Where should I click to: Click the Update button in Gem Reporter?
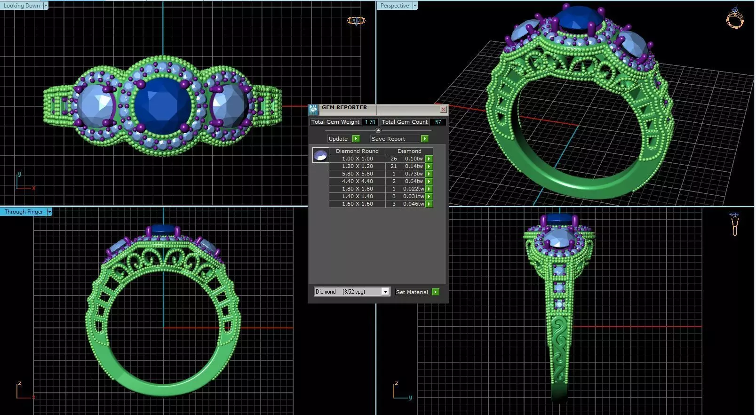point(338,139)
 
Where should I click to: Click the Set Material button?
point(412,292)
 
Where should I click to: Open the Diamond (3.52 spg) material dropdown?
point(385,292)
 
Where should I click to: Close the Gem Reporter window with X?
point(443,109)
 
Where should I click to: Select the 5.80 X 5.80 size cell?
point(357,174)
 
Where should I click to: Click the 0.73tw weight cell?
point(414,174)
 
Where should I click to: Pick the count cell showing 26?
point(393,159)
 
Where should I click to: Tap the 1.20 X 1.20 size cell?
point(357,166)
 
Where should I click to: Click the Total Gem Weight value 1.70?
point(370,122)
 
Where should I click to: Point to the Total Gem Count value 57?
point(438,122)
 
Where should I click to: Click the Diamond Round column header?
point(357,151)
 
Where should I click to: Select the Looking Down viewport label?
point(22,6)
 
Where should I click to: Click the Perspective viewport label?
point(394,6)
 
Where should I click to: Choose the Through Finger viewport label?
point(24,212)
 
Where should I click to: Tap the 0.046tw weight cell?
point(414,204)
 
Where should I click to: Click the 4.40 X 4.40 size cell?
point(357,181)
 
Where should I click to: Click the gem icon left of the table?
point(320,155)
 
